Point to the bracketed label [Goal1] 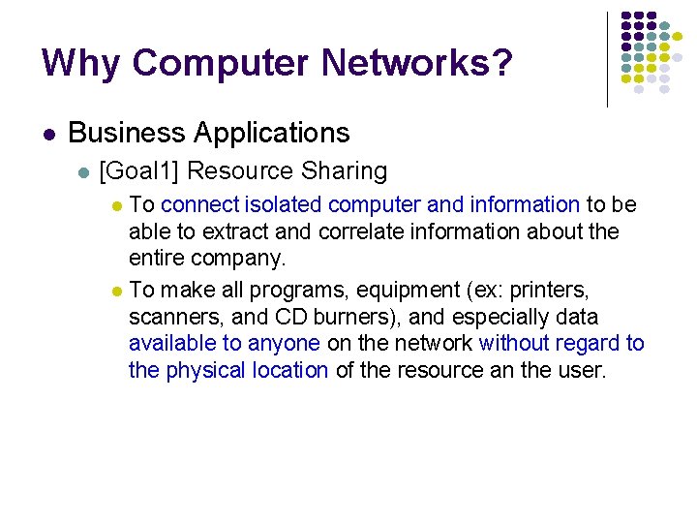(139, 172)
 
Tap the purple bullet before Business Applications (49, 134)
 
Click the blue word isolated (284, 204)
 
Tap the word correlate (355, 232)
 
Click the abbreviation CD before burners (293, 317)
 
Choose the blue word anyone (284, 344)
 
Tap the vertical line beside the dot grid (607, 58)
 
